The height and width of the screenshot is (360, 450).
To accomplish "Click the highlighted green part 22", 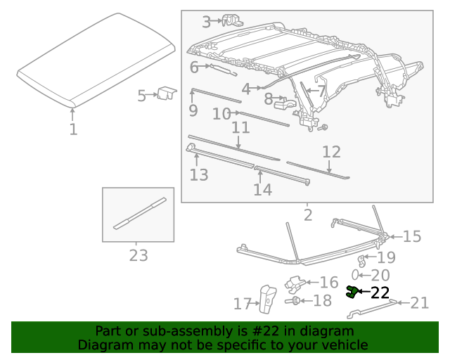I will tap(352, 292).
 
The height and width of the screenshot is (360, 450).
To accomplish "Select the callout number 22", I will tap(380, 292).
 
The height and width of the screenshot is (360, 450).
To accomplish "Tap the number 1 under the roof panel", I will tap(73, 129).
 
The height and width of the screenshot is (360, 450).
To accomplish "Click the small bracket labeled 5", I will tap(167, 93).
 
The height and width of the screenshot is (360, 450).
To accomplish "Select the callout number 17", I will tap(243, 304).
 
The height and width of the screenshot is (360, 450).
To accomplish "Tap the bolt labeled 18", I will tap(296, 302).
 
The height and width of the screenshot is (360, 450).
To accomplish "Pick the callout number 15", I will tap(411, 236).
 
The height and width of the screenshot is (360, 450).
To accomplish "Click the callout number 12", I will tap(331, 152).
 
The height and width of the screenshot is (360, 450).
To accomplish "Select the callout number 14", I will tap(262, 190).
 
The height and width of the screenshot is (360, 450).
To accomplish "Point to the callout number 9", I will tap(193, 110).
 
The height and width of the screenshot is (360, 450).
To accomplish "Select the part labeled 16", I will tap(296, 283).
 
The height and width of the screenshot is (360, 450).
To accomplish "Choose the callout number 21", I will tap(419, 303).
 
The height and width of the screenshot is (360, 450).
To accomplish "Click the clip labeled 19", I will tap(364, 260).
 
